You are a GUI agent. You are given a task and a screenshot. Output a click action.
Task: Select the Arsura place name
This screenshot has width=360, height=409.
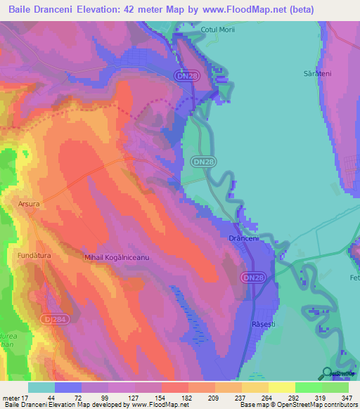pyautogui.click(x=30, y=204)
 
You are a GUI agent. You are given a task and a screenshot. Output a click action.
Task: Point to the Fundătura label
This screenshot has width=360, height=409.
pyautogui.click(x=34, y=256)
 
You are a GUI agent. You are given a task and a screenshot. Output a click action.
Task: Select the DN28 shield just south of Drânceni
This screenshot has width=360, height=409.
pyautogui.click(x=254, y=278)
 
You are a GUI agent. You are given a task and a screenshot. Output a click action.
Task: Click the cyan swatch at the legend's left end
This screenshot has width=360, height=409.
pyautogui.click(x=41, y=387)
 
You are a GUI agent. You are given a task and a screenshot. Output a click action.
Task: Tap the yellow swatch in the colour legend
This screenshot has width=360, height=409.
pyautogui.click(x=282, y=387)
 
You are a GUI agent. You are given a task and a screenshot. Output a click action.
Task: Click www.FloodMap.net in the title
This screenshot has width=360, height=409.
pyautogui.click(x=236, y=9)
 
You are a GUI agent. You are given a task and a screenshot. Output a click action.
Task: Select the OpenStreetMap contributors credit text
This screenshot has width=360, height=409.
pyautogui.click(x=318, y=405)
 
